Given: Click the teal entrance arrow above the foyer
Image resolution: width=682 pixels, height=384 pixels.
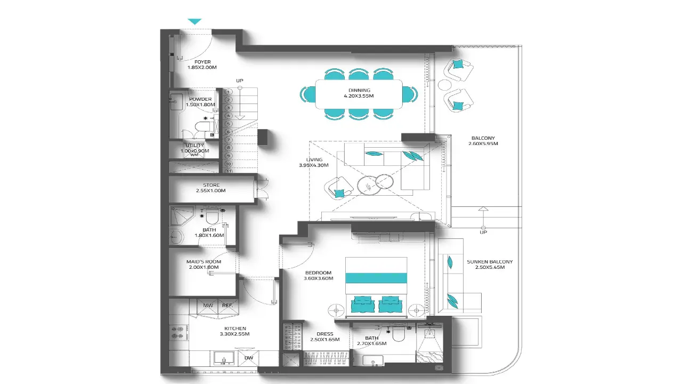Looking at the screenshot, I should [x=195, y=21].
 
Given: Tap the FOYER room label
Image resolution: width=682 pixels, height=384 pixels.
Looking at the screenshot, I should [x=202, y=62].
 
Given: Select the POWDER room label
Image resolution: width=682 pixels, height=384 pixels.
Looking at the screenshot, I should [x=200, y=99].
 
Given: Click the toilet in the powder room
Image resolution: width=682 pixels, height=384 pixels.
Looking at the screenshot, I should [x=202, y=126].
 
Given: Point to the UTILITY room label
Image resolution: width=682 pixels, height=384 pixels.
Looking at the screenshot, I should [x=194, y=146].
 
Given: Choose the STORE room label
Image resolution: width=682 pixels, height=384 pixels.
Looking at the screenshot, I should [x=211, y=185].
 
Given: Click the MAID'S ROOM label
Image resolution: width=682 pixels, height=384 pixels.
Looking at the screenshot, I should [x=204, y=262].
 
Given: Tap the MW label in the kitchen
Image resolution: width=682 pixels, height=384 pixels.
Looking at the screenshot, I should [x=208, y=306].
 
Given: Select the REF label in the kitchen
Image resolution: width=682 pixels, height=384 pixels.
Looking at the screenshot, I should [x=227, y=306].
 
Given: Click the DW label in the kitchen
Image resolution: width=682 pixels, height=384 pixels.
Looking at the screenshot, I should [x=248, y=358].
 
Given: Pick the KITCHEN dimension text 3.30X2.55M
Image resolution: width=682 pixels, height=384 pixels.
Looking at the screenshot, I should [x=234, y=334].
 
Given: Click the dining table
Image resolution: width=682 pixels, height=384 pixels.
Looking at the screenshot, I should [x=359, y=94].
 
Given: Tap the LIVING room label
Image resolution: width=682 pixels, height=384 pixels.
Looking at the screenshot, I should [x=314, y=159].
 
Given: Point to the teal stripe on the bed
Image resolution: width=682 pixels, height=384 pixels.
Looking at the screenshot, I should [x=377, y=278].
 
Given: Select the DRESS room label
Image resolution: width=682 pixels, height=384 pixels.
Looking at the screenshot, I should [x=324, y=333].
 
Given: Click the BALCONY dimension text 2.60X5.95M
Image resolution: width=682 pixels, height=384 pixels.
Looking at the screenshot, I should [x=483, y=144].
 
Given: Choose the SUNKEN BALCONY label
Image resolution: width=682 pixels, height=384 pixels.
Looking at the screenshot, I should [x=490, y=262].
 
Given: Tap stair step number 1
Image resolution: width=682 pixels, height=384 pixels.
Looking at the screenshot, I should [x=229, y=92].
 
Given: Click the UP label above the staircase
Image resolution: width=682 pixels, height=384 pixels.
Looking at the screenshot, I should [x=240, y=81].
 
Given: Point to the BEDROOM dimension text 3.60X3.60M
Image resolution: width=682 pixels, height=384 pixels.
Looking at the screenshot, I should [x=318, y=278].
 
